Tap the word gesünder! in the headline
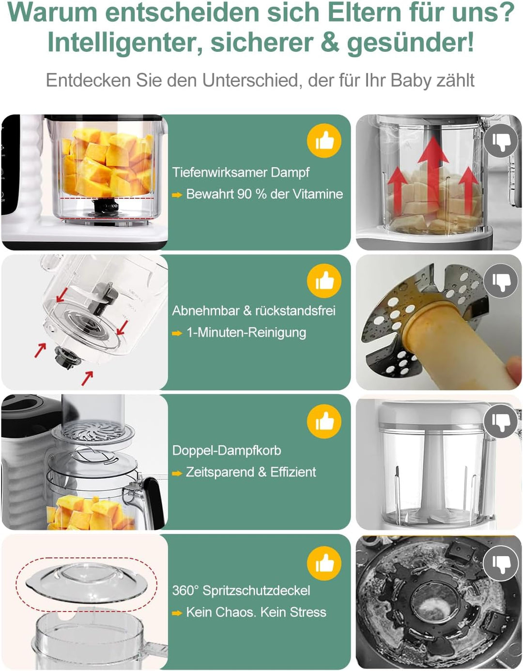(x=410, y=43)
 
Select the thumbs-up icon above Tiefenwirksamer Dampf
(x=324, y=141)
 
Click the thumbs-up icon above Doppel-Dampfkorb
(x=324, y=421)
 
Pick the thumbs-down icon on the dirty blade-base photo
(x=501, y=562)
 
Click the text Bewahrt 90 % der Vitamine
(x=264, y=194)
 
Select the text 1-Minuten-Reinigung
(x=246, y=333)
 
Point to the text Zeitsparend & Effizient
(x=250, y=472)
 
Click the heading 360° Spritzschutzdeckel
(x=241, y=591)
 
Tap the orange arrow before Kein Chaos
(x=177, y=613)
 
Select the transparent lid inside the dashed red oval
(x=86, y=581)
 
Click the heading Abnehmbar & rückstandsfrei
(x=253, y=311)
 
